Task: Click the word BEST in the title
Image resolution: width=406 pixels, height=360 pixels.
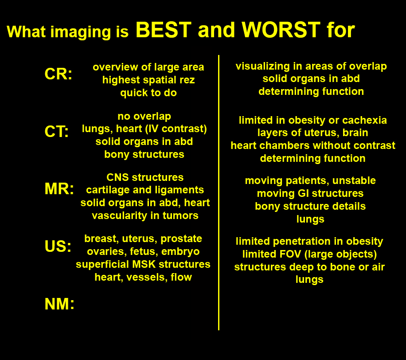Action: (x=164, y=30)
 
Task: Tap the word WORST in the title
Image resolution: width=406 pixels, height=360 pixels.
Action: (x=281, y=30)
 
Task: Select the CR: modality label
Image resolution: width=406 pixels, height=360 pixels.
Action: (x=59, y=74)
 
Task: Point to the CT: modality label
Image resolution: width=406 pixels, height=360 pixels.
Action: (x=57, y=131)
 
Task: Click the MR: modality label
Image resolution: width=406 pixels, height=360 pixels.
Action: (x=59, y=189)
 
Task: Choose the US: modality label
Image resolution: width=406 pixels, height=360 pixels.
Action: (x=58, y=246)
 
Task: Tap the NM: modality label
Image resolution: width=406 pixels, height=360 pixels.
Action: (x=59, y=304)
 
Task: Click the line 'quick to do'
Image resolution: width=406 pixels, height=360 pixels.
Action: (x=148, y=93)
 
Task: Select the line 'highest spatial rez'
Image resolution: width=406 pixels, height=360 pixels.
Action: (x=148, y=80)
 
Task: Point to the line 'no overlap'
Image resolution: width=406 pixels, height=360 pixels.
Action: (x=144, y=116)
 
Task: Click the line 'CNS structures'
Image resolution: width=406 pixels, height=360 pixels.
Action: (x=145, y=177)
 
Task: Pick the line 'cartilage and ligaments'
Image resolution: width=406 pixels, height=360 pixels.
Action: (x=145, y=190)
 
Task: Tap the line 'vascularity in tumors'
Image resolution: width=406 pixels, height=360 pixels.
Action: (x=145, y=215)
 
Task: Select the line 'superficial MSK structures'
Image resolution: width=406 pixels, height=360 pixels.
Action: (x=143, y=264)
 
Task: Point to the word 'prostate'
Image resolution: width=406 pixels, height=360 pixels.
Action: (x=181, y=239)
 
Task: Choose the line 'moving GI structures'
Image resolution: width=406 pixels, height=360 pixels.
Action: (x=310, y=193)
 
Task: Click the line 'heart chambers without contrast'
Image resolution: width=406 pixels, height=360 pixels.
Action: (x=313, y=145)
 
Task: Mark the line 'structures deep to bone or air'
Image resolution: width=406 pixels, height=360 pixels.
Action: (x=309, y=267)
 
